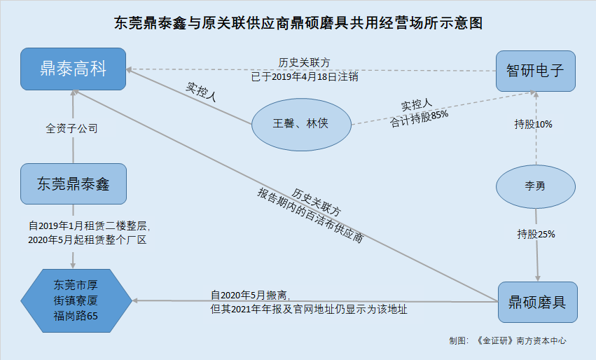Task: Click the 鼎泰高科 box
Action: pyautogui.click(x=73, y=69)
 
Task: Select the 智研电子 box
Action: pyautogui.click(x=536, y=71)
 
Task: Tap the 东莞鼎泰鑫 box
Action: pyautogui.click(x=73, y=184)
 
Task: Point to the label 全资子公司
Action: pyautogui.click(x=71, y=129)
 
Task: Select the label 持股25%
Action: pyautogui.click(x=536, y=234)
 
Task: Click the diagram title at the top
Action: pyautogui.click(x=298, y=23)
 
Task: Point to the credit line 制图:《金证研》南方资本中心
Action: pyautogui.click(x=508, y=341)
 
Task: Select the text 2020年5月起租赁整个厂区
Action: pyautogui.click(x=90, y=240)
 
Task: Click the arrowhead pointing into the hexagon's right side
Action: pyautogui.click(x=136, y=301)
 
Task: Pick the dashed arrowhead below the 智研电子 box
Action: pyautogui.click(x=536, y=95)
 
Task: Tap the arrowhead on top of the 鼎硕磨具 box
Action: pyautogui.click(x=537, y=277)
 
